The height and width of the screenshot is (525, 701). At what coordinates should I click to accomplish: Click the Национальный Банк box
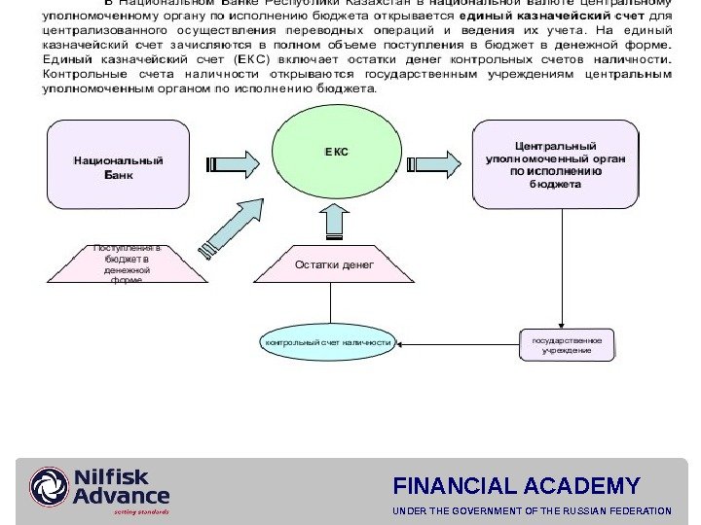point(119,165)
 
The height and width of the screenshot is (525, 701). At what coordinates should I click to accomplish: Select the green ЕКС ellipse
point(336,153)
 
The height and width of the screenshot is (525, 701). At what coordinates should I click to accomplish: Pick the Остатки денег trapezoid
point(334,264)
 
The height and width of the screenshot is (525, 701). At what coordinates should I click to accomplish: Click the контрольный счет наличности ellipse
point(327,342)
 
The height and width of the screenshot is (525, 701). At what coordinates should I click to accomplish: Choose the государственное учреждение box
point(567,344)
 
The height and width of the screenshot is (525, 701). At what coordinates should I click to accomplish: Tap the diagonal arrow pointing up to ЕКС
point(234,223)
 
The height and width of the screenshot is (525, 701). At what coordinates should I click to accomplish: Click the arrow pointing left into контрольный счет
point(409,343)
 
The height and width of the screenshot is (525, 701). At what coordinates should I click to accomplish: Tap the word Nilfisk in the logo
point(112,476)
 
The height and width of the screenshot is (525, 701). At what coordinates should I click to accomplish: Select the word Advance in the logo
point(122,496)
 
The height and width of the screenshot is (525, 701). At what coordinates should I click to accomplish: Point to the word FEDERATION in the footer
point(637,510)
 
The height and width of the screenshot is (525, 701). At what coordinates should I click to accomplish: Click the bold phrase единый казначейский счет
point(549,17)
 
